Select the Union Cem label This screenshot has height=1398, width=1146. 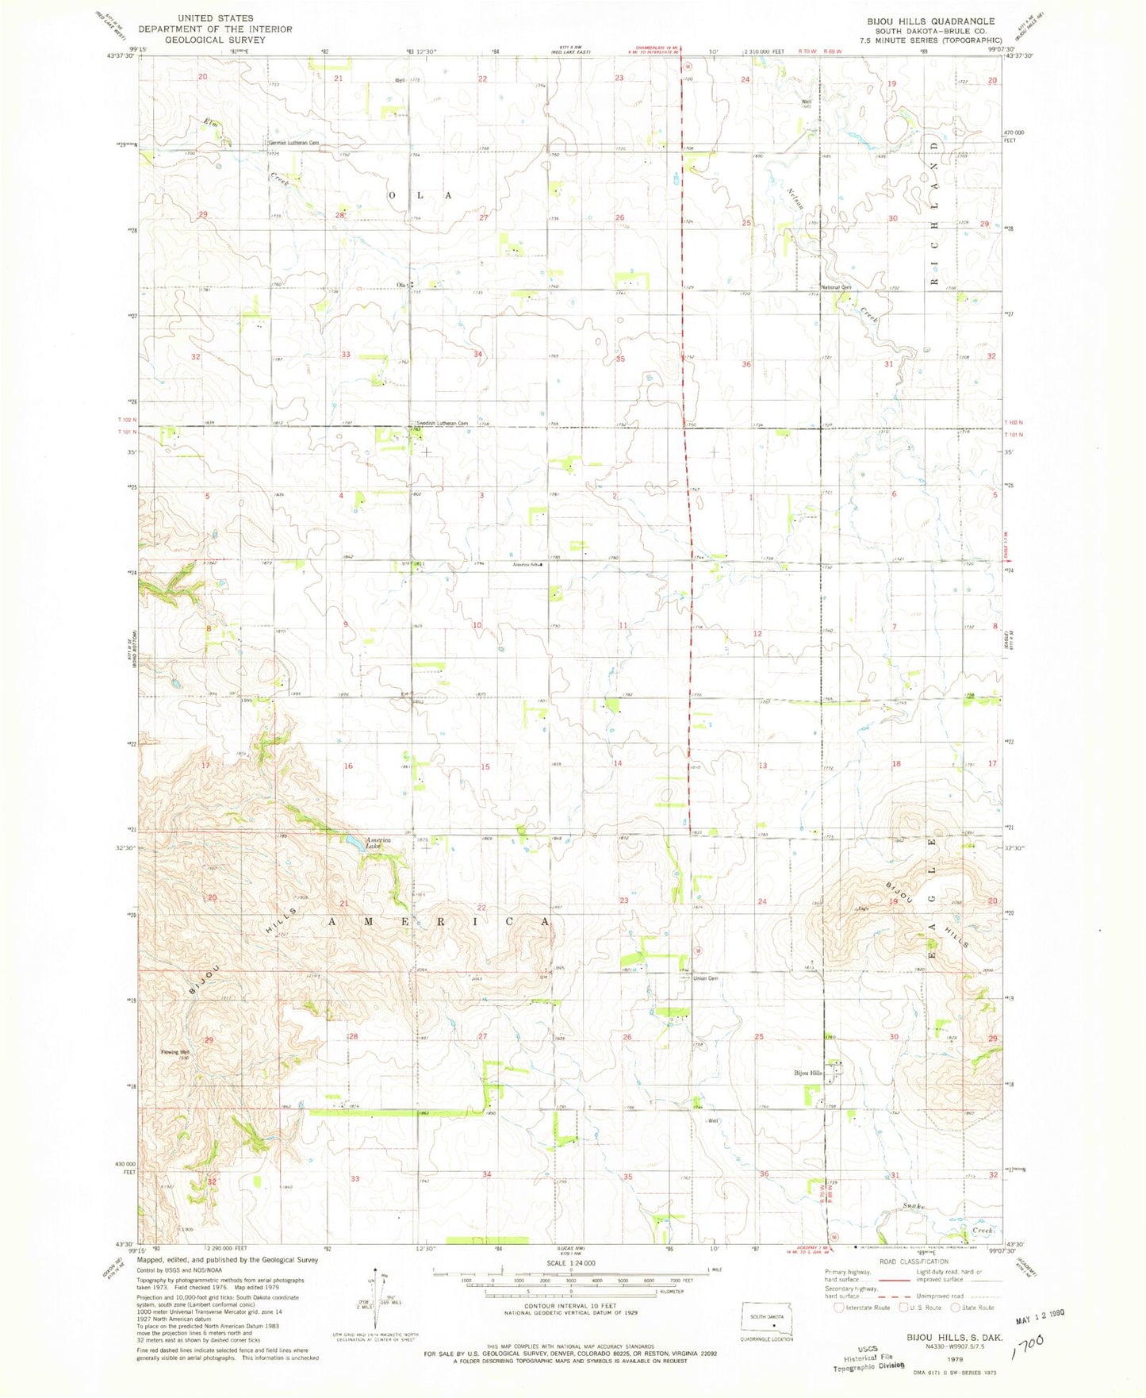click(705, 978)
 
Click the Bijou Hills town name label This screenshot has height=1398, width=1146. click(808, 1073)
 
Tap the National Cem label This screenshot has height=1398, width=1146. click(836, 287)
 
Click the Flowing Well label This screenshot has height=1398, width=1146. click(175, 1052)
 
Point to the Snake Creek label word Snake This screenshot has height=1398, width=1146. click(914, 1206)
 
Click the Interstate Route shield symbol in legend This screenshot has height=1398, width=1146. click(839, 1308)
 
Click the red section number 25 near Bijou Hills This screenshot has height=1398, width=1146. click(758, 1037)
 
